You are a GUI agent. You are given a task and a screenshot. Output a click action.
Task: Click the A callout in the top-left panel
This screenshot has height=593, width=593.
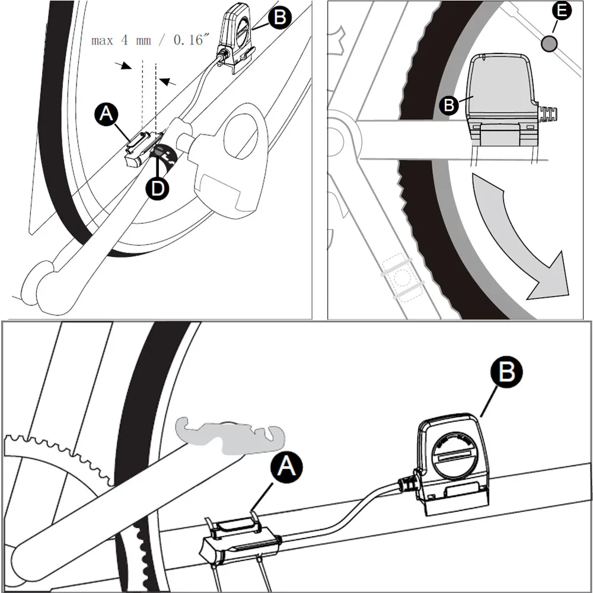click(106, 114)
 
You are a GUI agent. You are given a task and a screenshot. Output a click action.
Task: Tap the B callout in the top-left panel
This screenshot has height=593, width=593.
click(280, 17)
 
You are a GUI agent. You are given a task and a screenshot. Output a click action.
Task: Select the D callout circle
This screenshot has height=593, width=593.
click(158, 188)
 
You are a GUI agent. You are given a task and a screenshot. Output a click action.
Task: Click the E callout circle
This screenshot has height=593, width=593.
click(562, 11)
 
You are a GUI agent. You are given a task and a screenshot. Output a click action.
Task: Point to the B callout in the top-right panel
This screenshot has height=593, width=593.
click(449, 105)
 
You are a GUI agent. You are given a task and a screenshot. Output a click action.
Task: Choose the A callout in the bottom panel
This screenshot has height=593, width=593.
click(286, 467)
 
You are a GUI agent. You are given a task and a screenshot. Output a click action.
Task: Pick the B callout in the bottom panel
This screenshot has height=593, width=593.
click(506, 371)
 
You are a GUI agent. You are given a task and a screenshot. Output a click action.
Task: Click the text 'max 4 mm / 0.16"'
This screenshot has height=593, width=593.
click(150, 40)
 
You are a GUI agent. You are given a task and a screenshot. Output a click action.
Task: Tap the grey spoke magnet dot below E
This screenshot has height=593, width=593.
click(549, 43)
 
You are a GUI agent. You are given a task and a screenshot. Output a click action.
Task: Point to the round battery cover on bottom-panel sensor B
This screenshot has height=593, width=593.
click(452, 455)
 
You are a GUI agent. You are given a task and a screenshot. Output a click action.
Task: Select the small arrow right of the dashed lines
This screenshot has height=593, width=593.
click(168, 81)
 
